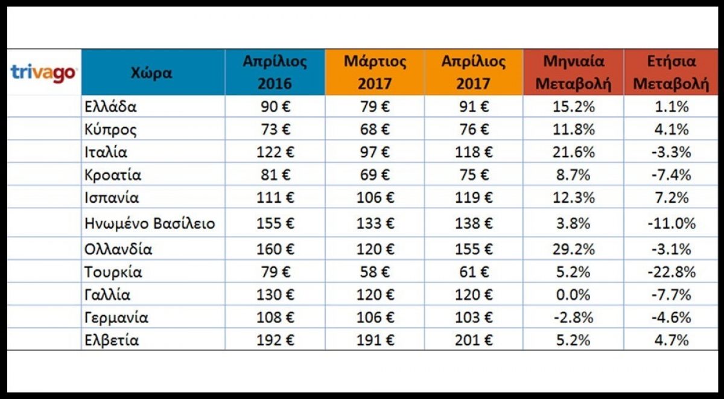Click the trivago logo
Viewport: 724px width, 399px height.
click(43, 73)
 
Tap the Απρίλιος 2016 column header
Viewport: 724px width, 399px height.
click(275, 72)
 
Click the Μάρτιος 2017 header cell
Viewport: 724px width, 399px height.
click(375, 72)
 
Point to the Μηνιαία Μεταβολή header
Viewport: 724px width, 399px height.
click(573, 72)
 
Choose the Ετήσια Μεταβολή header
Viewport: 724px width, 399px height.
click(670, 72)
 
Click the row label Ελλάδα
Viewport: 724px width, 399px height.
click(111, 107)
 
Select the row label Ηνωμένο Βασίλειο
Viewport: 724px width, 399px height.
click(150, 223)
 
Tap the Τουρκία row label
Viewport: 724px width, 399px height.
click(113, 272)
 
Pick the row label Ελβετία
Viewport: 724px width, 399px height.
click(112, 340)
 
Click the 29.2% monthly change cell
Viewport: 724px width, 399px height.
click(573, 249)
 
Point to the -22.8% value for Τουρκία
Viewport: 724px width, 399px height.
click(670, 272)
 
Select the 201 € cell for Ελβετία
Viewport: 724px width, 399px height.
click(473, 340)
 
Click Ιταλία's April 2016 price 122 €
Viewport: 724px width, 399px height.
click(275, 153)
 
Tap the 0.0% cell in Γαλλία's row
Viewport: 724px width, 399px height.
click(573, 295)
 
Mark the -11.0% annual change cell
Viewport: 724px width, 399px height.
click(670, 223)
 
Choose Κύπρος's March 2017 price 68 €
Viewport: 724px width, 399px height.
click(375, 130)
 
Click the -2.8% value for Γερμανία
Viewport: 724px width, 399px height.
click(573, 318)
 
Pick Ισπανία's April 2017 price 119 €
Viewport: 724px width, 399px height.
click(473, 198)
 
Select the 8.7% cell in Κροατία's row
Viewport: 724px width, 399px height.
click(573, 176)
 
